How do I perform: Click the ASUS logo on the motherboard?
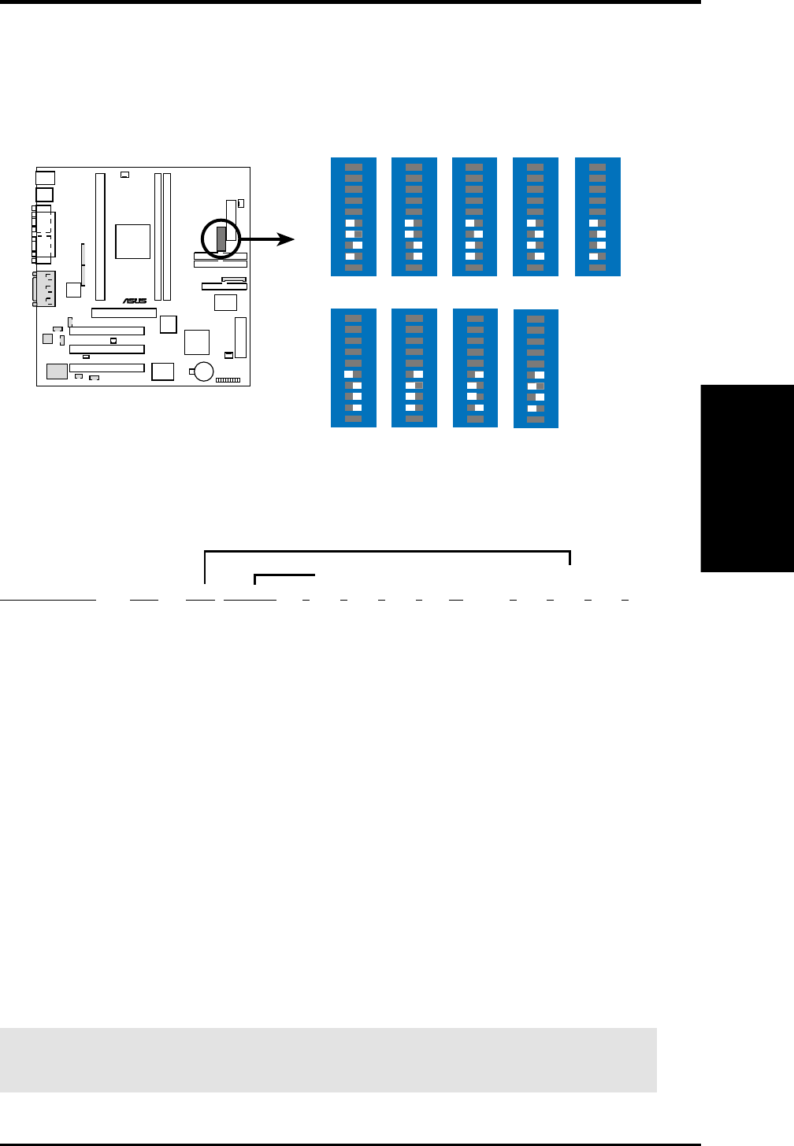pyautogui.click(x=135, y=301)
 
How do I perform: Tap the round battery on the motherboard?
pyautogui.click(x=204, y=371)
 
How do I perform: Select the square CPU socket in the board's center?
pyautogui.click(x=132, y=241)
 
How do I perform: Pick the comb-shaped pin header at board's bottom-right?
pyautogui.click(x=228, y=380)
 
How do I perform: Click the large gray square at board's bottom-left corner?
pyautogui.click(x=57, y=372)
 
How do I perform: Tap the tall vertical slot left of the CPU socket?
pyautogui.click(x=100, y=237)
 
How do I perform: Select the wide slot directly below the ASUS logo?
pyautogui.click(x=124, y=312)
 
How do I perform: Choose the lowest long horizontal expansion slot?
pyautogui.click(x=106, y=368)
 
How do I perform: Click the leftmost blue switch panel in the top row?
pyautogui.click(x=354, y=216)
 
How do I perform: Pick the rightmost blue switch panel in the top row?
pyautogui.click(x=598, y=216)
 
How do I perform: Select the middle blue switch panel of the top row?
pyautogui.click(x=474, y=216)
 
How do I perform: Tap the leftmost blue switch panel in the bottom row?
pyautogui.click(x=354, y=368)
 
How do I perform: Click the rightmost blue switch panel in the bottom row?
pyautogui.click(x=536, y=369)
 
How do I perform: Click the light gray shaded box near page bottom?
pyautogui.click(x=328, y=1059)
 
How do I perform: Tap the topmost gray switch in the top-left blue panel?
pyautogui.click(x=354, y=167)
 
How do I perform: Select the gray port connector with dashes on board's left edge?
pyautogui.click(x=43, y=288)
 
